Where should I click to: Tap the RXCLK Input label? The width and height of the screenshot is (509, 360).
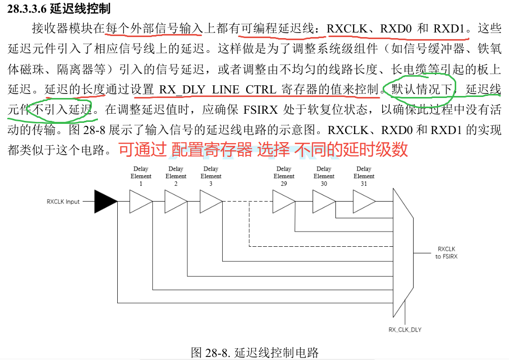(63, 202)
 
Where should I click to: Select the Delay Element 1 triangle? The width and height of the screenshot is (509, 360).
(141, 202)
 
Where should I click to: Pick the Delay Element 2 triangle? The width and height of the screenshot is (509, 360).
(176, 202)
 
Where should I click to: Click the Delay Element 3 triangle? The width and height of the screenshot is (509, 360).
(211, 202)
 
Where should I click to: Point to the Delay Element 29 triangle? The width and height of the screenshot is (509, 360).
(284, 202)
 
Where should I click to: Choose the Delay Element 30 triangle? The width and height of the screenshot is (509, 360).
(324, 202)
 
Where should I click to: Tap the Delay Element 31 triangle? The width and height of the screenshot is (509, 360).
(364, 202)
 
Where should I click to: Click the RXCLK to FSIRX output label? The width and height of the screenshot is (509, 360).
(446, 253)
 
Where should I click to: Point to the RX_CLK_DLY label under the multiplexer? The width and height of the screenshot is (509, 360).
(405, 330)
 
